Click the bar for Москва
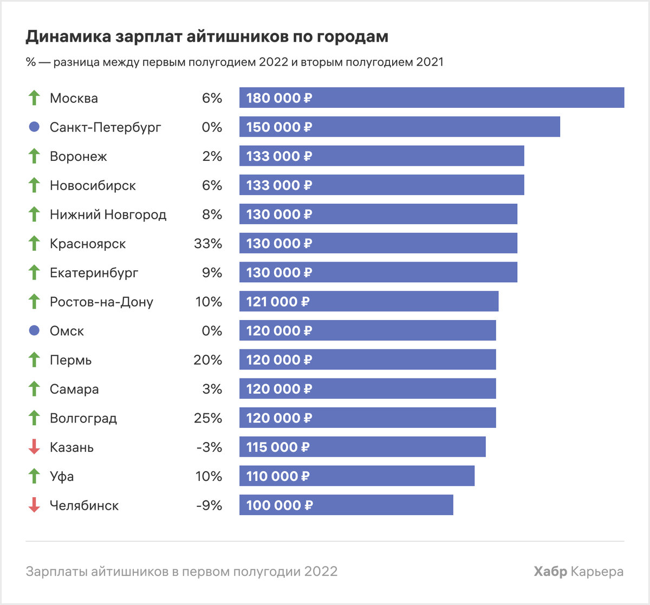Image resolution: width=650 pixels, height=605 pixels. [x=431, y=98]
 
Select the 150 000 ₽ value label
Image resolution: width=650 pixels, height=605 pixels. [x=279, y=127]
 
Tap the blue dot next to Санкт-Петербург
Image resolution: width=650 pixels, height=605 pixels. [x=34, y=127]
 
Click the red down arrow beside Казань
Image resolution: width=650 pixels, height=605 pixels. [x=34, y=447]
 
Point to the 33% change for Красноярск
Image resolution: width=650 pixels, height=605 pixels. [x=208, y=244]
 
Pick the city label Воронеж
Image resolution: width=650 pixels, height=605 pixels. [x=79, y=157]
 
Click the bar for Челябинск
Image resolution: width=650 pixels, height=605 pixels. [x=346, y=505]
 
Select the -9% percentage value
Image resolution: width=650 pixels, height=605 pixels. [x=209, y=505]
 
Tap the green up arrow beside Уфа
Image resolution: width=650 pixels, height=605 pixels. [x=34, y=476]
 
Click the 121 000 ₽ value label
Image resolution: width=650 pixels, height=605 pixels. [x=278, y=302]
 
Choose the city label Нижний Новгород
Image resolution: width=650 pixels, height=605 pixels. [x=108, y=214]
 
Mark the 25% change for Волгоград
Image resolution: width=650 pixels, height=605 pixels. [x=208, y=418]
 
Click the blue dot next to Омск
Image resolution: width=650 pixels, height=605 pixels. [x=34, y=331]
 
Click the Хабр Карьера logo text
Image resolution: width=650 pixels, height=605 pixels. [x=578, y=571]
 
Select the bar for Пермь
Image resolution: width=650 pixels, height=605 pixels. [x=367, y=360]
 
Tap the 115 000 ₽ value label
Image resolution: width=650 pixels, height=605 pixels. [x=278, y=447]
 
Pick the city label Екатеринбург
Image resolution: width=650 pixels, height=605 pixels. [x=94, y=273]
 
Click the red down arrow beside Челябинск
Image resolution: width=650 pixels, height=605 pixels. [x=34, y=505]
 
